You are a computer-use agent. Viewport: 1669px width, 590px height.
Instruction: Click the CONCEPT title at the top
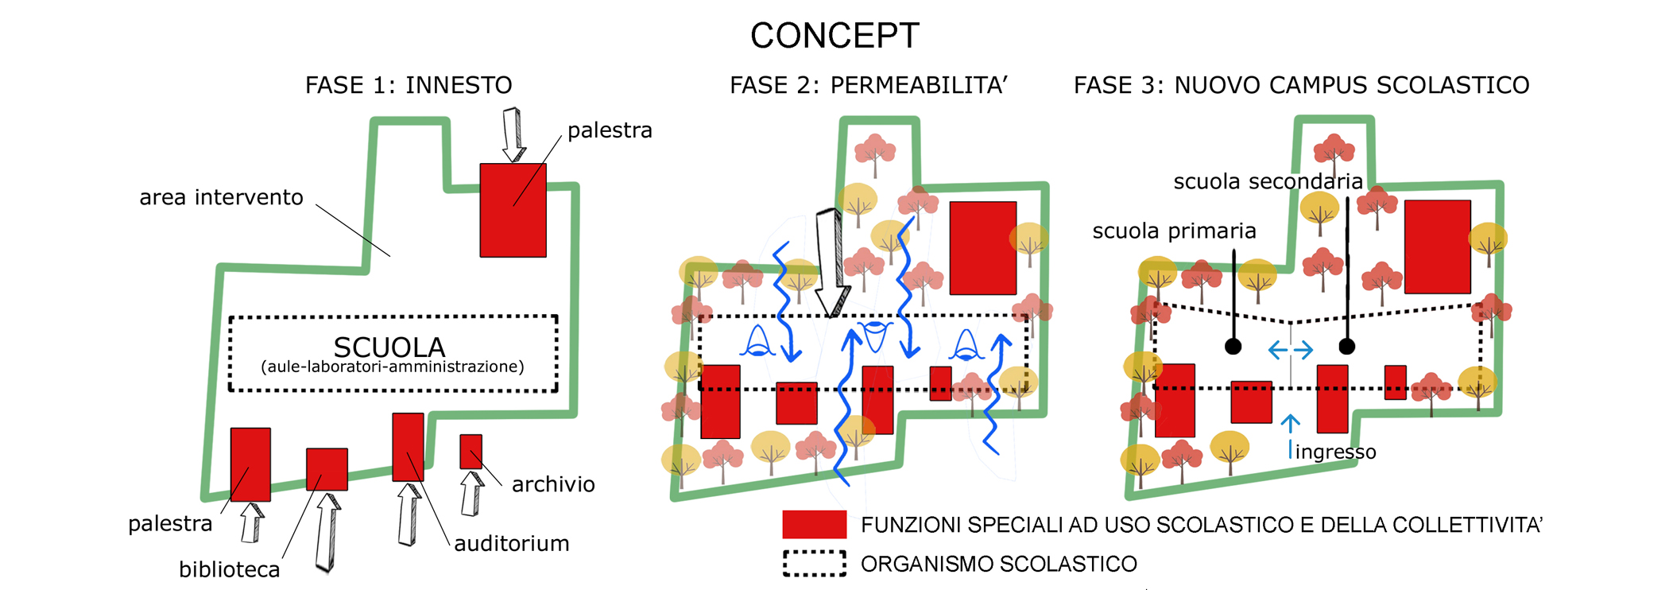tap(834, 36)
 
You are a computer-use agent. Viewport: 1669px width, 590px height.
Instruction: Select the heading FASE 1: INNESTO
tap(409, 85)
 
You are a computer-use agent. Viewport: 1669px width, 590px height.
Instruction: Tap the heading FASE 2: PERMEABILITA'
tap(868, 85)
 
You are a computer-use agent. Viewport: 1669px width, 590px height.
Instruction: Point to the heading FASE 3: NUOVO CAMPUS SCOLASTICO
tap(1301, 85)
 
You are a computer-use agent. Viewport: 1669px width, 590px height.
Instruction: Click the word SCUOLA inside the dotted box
tap(389, 347)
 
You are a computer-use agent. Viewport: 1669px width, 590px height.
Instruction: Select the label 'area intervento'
tap(221, 197)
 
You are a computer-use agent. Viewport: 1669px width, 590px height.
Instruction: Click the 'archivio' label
tap(553, 484)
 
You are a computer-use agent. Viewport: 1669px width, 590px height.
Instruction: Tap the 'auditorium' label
tap(512, 544)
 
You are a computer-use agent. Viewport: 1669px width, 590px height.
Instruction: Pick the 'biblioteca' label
tap(229, 569)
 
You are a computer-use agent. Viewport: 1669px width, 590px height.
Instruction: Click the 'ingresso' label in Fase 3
tap(1335, 452)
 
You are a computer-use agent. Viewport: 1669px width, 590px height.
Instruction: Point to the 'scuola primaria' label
tap(1174, 231)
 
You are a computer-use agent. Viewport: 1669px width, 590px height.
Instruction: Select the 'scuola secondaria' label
tap(1268, 182)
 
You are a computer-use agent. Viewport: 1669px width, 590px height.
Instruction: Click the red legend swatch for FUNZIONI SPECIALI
tap(814, 525)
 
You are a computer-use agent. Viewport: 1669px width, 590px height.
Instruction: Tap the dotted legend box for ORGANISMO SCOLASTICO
tap(814, 563)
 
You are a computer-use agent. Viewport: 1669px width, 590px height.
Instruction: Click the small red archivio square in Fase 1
tap(470, 451)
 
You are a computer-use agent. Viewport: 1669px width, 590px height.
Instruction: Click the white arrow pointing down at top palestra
tap(513, 135)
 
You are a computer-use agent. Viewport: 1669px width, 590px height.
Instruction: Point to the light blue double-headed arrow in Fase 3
tap(1290, 350)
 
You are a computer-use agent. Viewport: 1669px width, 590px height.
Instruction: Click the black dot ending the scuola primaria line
tap(1233, 346)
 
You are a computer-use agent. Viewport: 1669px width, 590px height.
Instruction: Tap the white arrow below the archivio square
tap(472, 493)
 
